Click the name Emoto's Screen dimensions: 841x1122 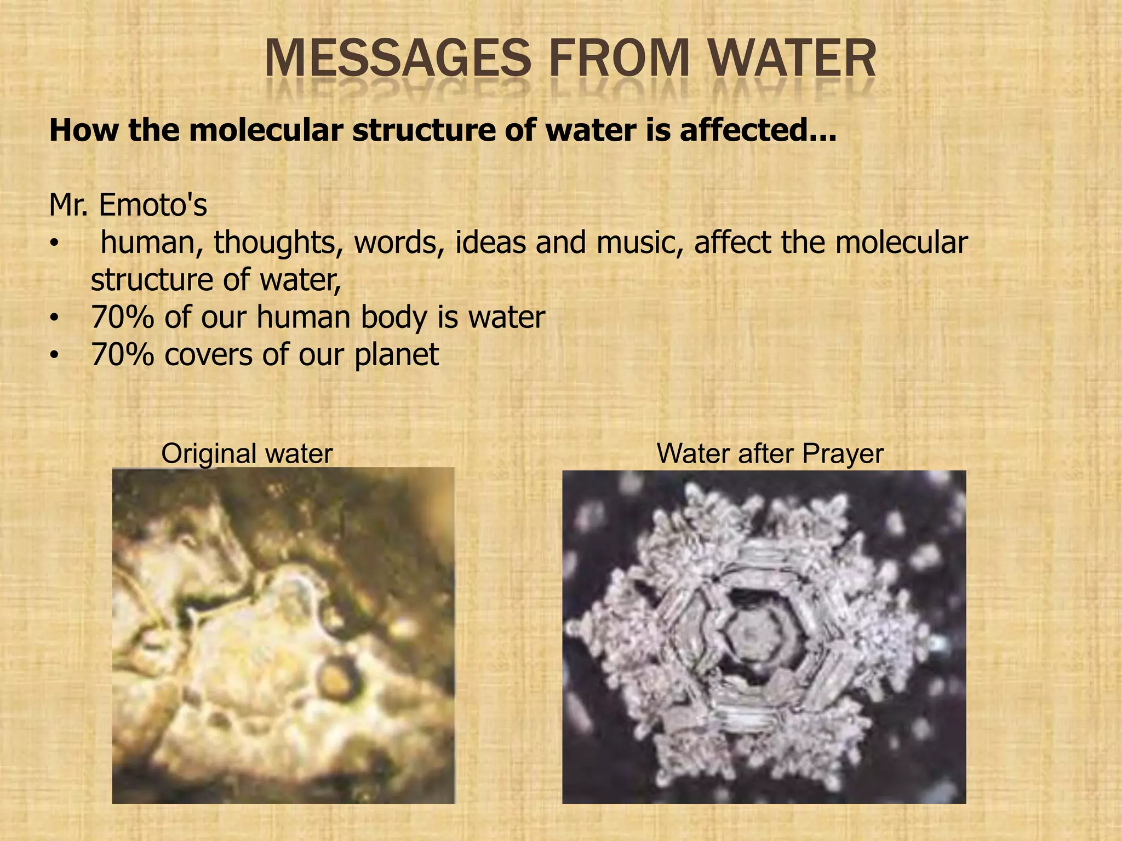[153, 205]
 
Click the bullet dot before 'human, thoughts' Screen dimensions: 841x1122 [53, 244]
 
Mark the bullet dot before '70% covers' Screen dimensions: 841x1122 [53, 356]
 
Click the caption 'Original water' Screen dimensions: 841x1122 [247, 453]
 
